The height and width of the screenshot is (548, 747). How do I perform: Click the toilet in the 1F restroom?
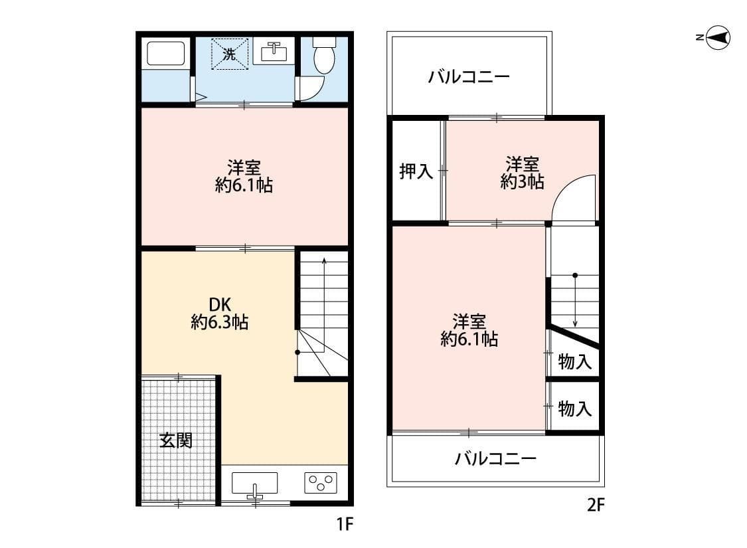[x=325, y=55]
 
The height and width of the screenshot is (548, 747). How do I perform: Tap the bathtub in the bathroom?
[x=166, y=54]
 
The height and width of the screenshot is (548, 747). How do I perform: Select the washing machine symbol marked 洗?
[x=230, y=54]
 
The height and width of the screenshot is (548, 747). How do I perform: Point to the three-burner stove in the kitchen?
[x=321, y=482]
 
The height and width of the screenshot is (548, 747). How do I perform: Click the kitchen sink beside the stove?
[x=255, y=484]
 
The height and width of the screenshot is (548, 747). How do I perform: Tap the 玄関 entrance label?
[x=176, y=440]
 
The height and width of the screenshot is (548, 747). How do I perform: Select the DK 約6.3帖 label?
[x=219, y=313]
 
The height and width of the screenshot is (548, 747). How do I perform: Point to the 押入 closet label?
[x=416, y=171]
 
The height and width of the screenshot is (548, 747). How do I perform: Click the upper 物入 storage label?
[x=575, y=361]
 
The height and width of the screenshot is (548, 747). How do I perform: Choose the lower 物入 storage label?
[x=575, y=409]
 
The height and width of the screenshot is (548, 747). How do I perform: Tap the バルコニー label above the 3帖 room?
[x=469, y=77]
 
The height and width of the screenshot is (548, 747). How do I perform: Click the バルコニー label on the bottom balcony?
[x=496, y=459]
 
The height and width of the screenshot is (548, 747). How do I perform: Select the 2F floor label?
[x=596, y=504]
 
